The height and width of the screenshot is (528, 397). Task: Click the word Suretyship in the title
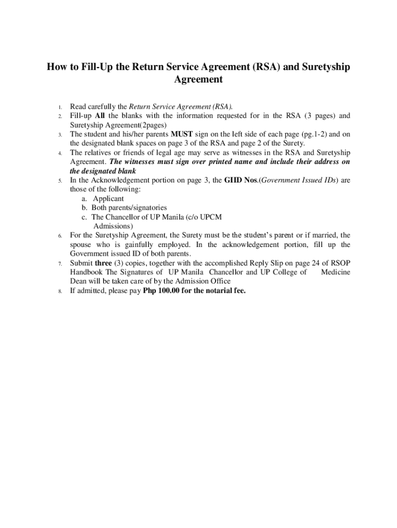click(326, 67)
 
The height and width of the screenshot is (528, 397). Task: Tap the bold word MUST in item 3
click(181, 134)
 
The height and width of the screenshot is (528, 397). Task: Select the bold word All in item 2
click(101, 115)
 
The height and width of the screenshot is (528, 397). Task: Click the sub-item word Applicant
click(108, 199)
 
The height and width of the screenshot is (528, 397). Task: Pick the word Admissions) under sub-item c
click(113, 226)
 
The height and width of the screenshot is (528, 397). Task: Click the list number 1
click(60, 107)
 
